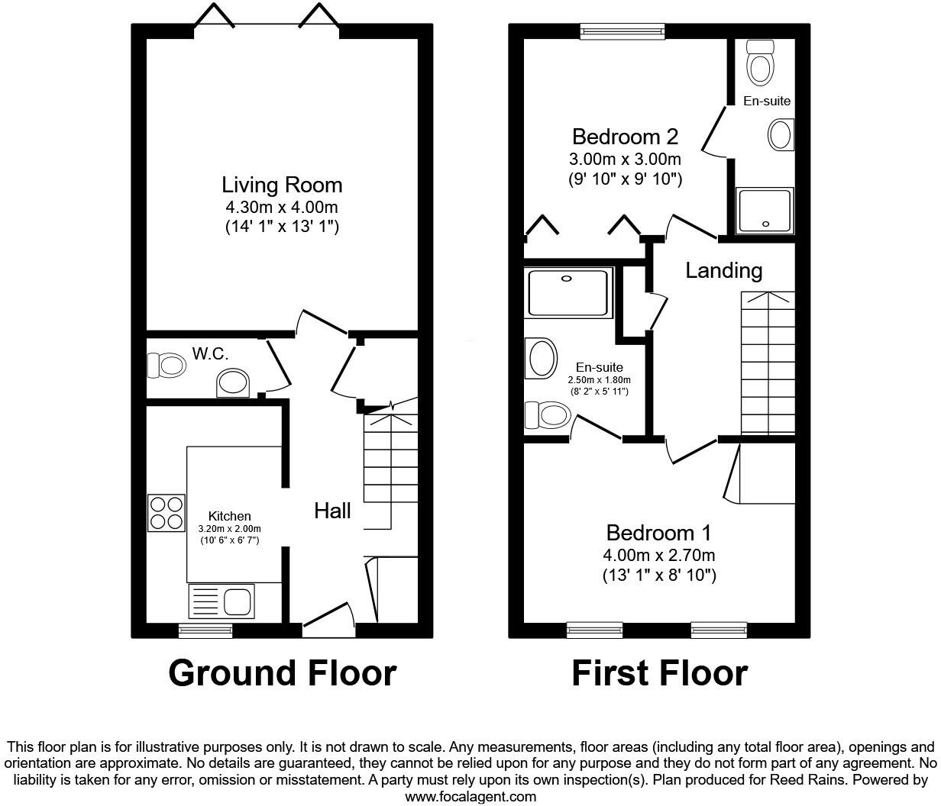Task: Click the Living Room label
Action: click(282, 185)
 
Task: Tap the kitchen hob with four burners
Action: click(167, 513)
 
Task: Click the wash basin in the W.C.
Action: click(232, 382)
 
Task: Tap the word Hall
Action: click(332, 511)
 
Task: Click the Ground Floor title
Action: click(282, 673)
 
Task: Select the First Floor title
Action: click(659, 673)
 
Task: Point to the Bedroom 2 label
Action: click(625, 137)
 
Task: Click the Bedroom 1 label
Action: click(658, 532)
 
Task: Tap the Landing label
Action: click(723, 270)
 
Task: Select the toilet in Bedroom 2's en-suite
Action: click(760, 63)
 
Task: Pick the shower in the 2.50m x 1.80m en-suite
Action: click(569, 291)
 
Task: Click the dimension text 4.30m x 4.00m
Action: click(282, 207)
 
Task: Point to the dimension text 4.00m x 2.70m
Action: click(658, 555)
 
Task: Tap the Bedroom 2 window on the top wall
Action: click(622, 30)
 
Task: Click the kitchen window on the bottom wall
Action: click(205, 630)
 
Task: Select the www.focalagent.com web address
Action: click(470, 797)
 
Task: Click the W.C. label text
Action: click(210, 353)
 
